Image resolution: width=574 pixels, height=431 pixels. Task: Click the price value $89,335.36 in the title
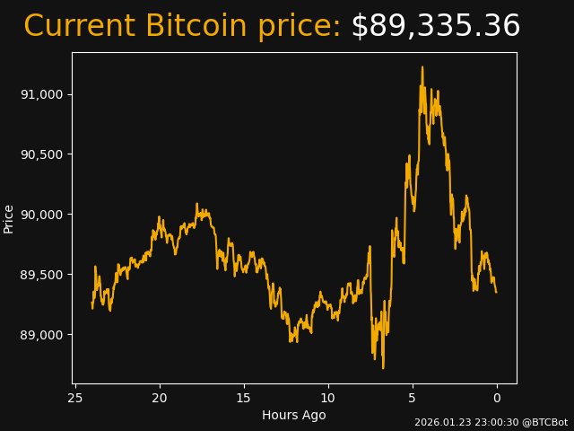(x=435, y=26)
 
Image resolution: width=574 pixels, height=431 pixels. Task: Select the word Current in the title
(x=79, y=26)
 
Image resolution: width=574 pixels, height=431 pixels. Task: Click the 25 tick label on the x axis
(x=75, y=398)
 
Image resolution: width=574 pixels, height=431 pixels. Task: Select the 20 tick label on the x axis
(x=160, y=398)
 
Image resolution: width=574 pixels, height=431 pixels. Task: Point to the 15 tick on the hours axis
(x=244, y=398)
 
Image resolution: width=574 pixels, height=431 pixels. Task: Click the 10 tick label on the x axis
(x=328, y=398)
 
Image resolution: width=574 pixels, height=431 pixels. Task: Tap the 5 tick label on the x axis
(x=413, y=398)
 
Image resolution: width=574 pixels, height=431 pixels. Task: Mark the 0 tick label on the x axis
(x=497, y=398)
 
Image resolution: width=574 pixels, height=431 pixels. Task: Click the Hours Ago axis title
(x=294, y=415)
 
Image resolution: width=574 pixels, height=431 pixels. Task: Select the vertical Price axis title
(x=9, y=218)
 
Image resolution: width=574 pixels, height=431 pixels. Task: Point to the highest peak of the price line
(x=422, y=67)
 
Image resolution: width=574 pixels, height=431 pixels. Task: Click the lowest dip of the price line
(x=383, y=367)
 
